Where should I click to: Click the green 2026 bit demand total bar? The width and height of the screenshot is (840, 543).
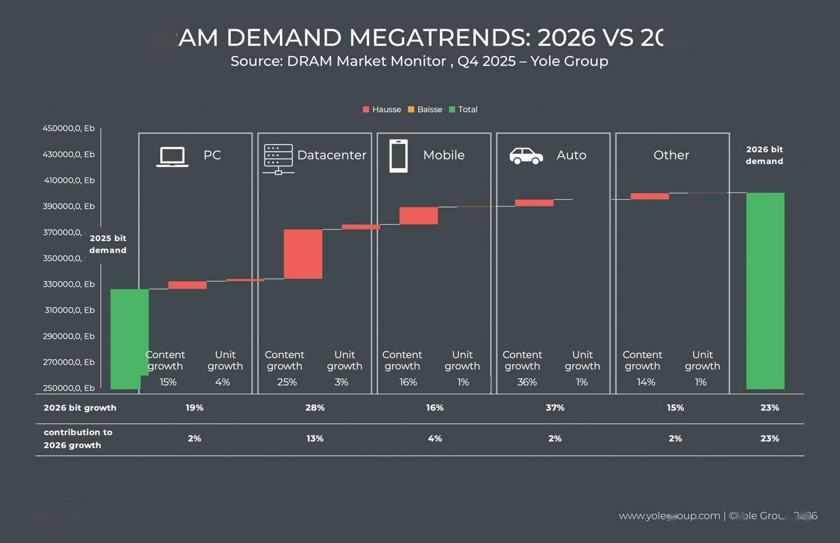coord(765,290)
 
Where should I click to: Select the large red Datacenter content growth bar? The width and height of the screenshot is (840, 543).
coord(303,254)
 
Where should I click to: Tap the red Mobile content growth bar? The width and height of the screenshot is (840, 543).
coord(418,215)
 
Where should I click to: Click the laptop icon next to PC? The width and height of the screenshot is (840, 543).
coord(172,156)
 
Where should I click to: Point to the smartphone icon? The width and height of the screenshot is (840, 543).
coord(398,156)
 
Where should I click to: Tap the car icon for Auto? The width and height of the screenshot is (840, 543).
coord(526,156)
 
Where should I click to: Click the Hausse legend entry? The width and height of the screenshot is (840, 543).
coord(382,109)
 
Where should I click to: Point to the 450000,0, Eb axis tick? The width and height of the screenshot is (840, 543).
coord(68,128)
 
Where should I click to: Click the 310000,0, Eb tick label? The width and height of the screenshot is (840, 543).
coord(69,310)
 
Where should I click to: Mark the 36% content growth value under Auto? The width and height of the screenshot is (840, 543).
coord(527,382)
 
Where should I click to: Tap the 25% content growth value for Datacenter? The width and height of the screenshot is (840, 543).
coord(286,382)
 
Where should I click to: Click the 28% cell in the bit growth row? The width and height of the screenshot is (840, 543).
coord(314,408)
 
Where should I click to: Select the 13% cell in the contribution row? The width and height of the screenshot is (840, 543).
coord(314,438)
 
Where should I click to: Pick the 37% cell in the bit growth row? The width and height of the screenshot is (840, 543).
coord(555,408)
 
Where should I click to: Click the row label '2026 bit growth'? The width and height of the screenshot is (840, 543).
coord(80,408)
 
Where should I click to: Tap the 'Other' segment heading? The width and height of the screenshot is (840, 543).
coord(671,155)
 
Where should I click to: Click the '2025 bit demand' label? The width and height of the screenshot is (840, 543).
coord(108,244)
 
